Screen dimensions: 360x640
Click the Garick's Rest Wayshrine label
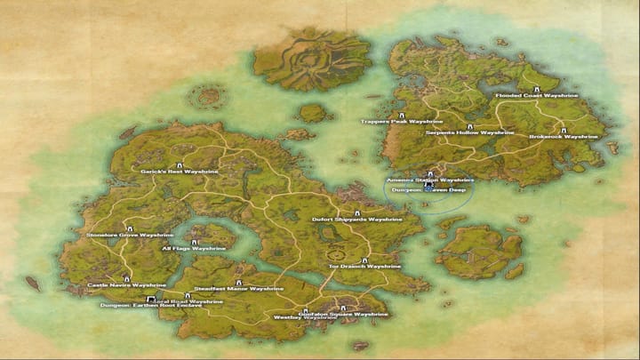pyautogui.click(x=179, y=171)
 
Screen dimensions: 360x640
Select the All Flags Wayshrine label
pyautogui.click(x=193, y=249)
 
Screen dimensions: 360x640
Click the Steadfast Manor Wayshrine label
pyautogui.click(x=227, y=289)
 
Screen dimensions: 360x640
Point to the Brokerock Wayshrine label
pyautogui.click(x=564, y=137)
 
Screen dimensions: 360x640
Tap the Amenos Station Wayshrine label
pyautogui.click(x=429, y=180)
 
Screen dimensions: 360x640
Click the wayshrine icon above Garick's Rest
pyautogui.click(x=180, y=164)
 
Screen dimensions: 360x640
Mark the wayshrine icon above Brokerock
pyautogui.click(x=564, y=130)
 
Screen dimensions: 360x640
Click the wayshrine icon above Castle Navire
pyautogui.click(x=126, y=278)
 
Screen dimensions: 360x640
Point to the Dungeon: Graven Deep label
pyautogui.click(x=428, y=189)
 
